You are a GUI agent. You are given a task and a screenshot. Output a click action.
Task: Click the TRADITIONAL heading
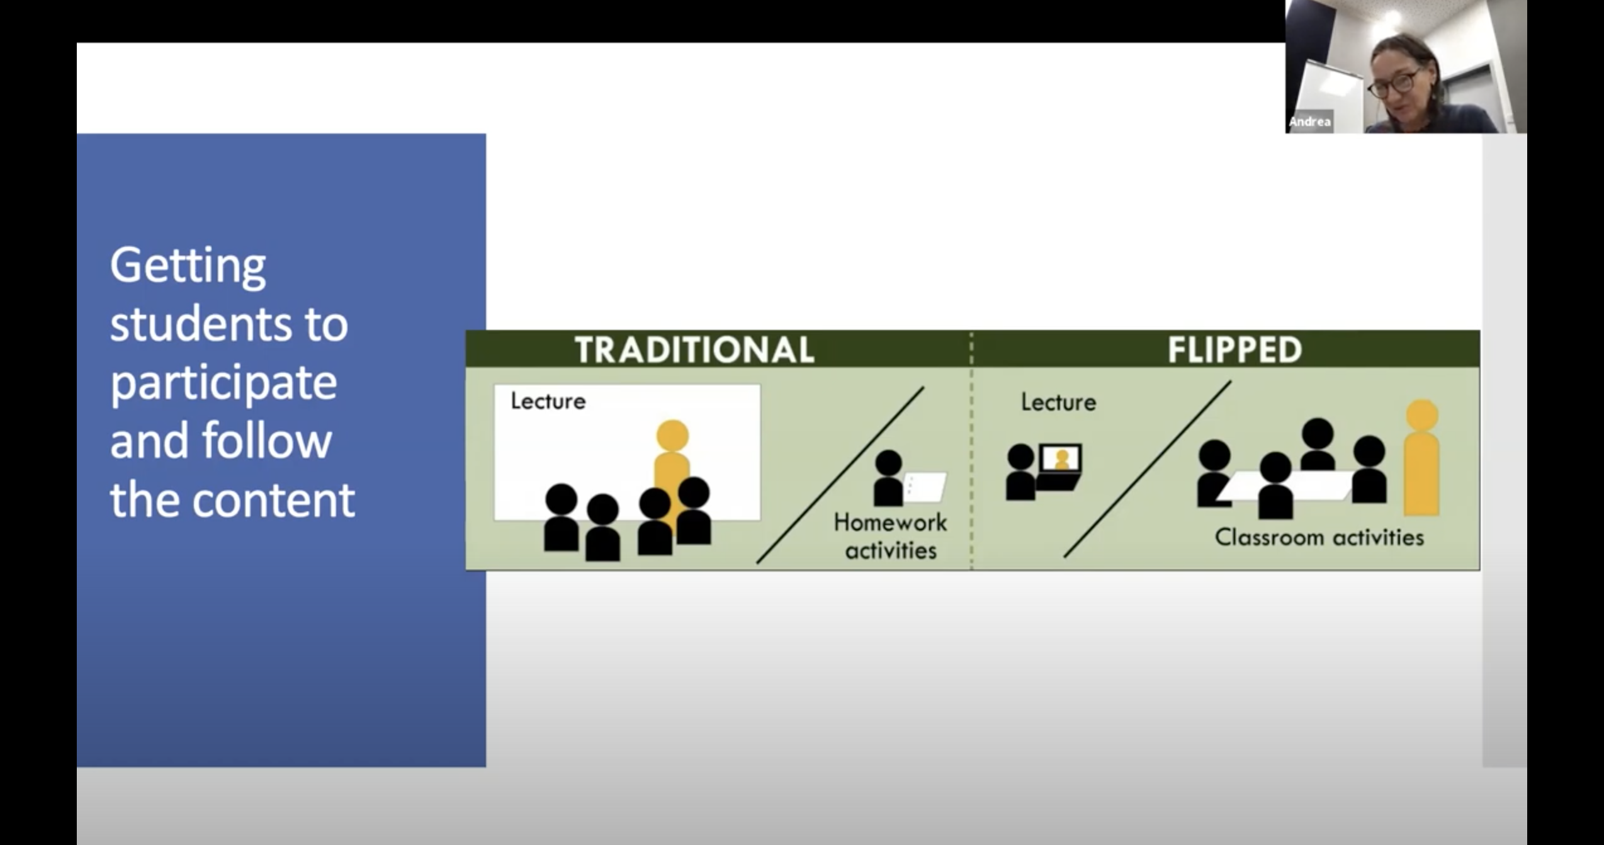point(694,349)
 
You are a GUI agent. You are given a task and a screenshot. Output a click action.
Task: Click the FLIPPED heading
point(1234,349)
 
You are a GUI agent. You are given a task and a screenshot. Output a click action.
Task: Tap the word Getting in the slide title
point(188,267)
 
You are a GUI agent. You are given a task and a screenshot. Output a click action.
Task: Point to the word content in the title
point(273,499)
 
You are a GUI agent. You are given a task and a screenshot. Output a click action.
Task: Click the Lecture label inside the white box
point(548,401)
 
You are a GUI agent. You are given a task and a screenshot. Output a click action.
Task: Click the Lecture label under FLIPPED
point(1058,402)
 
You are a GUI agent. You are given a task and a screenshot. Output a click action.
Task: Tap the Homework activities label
point(890,536)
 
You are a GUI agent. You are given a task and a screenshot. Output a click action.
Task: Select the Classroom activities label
point(1319,538)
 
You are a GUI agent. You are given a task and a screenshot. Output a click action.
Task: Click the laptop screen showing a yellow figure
point(1061,459)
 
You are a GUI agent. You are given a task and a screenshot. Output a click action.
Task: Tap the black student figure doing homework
point(888,478)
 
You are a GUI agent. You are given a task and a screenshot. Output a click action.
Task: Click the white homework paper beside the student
point(924,487)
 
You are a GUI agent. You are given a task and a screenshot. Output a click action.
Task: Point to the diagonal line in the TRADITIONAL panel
point(840,475)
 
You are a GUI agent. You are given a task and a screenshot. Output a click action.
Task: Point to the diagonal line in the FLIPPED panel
point(1147,469)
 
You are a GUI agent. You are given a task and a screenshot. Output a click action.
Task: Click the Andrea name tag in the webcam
point(1309,122)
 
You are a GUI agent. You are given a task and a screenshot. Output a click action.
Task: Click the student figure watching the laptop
point(1020,472)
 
